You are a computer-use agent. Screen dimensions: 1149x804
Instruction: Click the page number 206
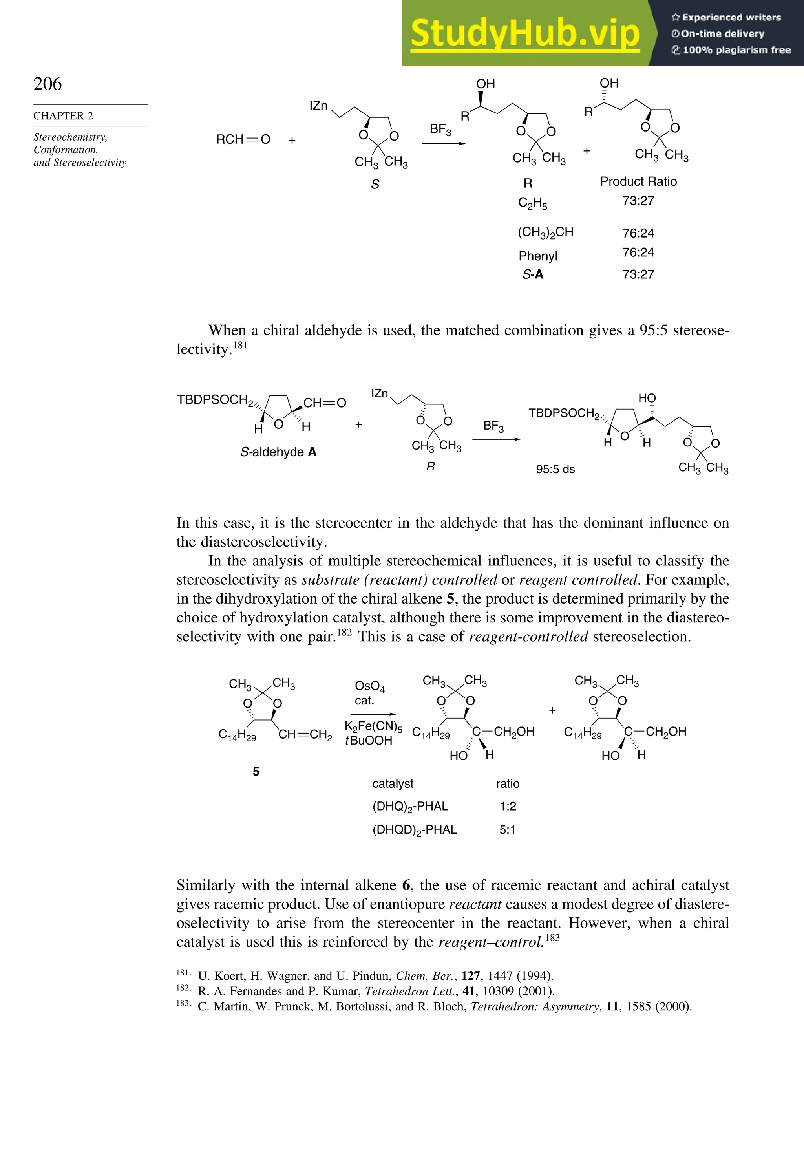tap(48, 84)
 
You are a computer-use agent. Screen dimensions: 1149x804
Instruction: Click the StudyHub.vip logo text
tap(525, 33)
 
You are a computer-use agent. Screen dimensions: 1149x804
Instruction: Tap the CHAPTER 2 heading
tap(63, 115)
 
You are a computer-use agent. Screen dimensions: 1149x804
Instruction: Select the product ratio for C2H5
tap(638, 201)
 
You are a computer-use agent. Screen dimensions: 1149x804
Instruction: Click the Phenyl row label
tap(537, 256)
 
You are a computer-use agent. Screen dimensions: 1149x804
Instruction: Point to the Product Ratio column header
tap(638, 182)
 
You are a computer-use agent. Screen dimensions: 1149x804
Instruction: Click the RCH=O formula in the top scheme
tap(243, 140)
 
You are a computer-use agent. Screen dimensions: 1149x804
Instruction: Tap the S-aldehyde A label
tap(278, 452)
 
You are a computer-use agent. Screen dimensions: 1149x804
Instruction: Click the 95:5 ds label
tap(555, 469)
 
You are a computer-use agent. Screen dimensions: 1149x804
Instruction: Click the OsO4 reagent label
tap(369, 686)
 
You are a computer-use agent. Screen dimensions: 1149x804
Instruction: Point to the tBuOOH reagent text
tap(369, 741)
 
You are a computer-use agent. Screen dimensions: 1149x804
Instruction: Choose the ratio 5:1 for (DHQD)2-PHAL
tap(507, 830)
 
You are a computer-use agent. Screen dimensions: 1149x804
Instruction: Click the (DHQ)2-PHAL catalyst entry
tap(410, 807)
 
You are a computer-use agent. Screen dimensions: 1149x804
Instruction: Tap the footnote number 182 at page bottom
tap(183, 988)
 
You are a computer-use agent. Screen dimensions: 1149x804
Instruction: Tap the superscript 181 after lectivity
tap(239, 345)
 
